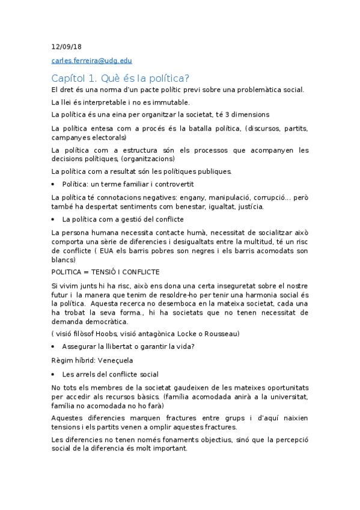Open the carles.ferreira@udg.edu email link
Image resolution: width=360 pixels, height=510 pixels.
click(91, 61)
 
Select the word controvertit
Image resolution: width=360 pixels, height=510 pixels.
click(170, 184)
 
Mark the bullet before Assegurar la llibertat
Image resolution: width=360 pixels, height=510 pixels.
click(55, 347)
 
